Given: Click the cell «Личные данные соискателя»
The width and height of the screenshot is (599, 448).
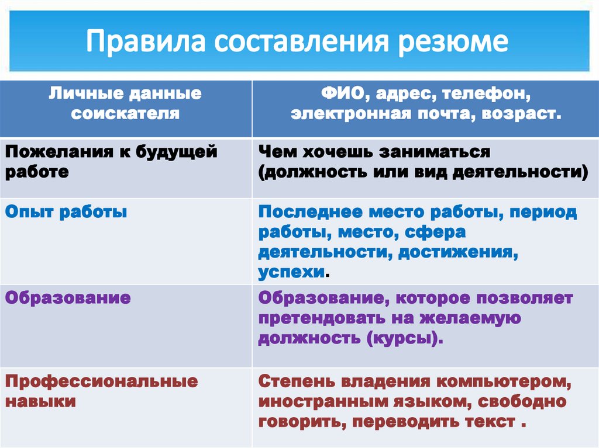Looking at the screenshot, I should coord(125,103).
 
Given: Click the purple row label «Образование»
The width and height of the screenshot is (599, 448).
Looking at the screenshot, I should coord(68,298).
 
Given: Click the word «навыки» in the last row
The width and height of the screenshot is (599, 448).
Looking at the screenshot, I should coord(40,402).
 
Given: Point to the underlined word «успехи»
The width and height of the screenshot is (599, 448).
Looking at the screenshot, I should coord(291,272).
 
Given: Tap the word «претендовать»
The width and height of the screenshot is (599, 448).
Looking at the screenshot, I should coord(318,318).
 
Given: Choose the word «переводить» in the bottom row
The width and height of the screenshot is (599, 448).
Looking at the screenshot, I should coord(414,422).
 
